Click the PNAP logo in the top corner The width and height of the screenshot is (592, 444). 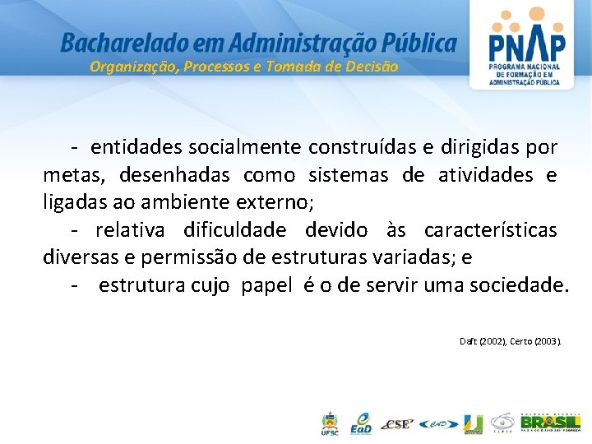[526, 48]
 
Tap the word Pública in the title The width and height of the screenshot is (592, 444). [419, 42]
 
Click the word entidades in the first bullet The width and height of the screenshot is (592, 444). [136, 148]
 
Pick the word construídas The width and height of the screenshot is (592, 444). [362, 148]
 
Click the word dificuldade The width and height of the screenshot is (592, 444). [235, 230]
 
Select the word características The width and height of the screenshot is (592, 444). [490, 230]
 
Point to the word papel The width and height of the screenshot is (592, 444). [267, 285]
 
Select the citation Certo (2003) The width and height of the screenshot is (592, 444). [535, 340]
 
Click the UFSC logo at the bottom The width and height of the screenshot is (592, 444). [329, 423]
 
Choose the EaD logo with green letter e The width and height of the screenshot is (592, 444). [361, 423]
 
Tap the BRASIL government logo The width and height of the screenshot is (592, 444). [549, 423]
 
